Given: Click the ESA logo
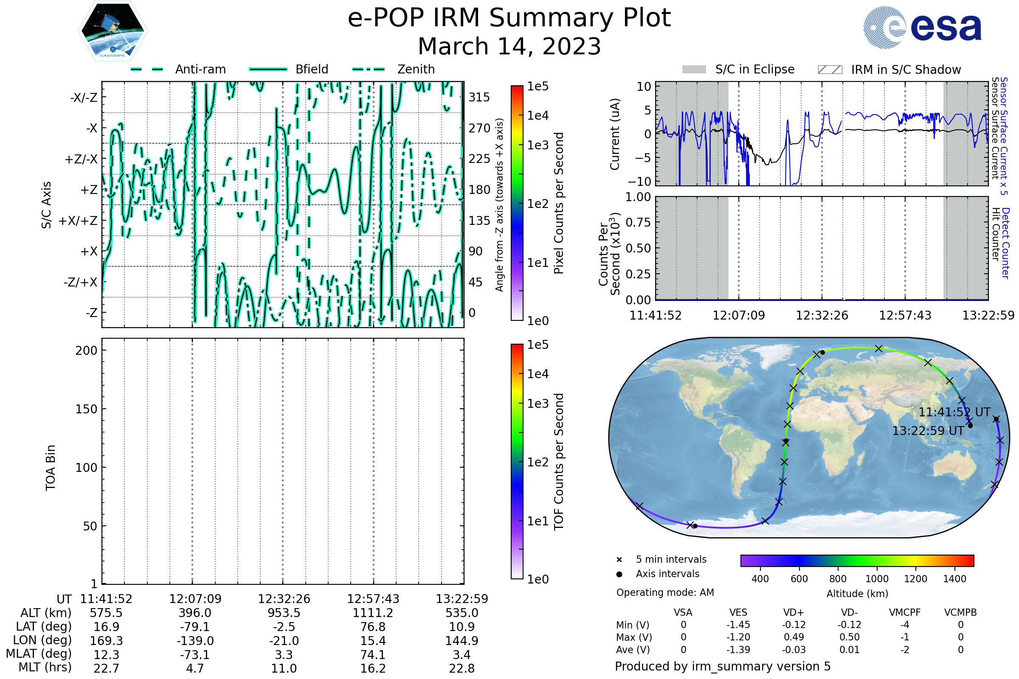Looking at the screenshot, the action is pos(922,27).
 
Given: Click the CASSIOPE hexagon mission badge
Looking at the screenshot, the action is pos(113,31).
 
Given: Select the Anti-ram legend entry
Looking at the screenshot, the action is pos(178,69).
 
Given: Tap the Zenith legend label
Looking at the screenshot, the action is pos(416,69).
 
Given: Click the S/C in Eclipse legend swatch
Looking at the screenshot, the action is pos(694,70).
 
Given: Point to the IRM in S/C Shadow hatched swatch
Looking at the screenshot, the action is pos(830,70).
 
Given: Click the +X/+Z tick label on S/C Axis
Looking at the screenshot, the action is pos(78,221).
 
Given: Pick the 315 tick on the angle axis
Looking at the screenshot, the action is pos(479,97).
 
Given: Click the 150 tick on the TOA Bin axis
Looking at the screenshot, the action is pos(86,409).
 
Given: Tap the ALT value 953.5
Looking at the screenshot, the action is pos(284,613).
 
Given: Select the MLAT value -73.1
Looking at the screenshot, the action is pos(195,654).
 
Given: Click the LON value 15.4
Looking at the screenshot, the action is pos(373,640).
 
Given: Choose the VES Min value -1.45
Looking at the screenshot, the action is pos(738,625).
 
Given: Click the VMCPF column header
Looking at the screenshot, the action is pos(905,612).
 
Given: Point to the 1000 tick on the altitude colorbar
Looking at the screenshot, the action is pos(877,579).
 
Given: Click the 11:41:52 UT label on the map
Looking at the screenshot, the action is pos(954,412).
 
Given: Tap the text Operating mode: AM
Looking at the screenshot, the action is pos(665,592).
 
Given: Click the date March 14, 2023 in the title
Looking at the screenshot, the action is pos(509,46).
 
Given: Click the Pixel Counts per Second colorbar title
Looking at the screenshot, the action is pos(559,203).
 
